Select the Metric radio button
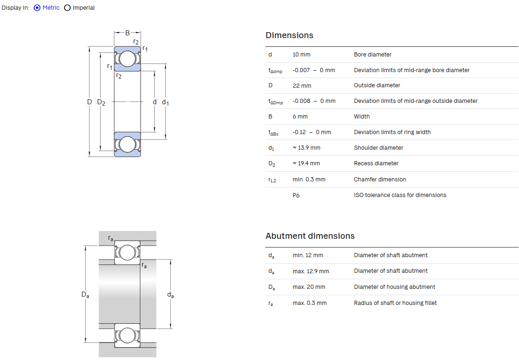[37, 8]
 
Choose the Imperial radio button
[67, 8]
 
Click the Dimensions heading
[289, 35]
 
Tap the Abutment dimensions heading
[310, 236]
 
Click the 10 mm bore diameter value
[301, 55]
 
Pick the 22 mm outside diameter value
[302, 85]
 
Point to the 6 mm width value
[300, 117]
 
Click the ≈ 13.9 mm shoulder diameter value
[307, 148]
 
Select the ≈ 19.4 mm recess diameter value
[307, 163]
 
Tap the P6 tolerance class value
[296, 195]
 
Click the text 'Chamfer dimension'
[380, 180]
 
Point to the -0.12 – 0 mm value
[312, 132]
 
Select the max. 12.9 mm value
[311, 271]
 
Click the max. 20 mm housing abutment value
[309, 287]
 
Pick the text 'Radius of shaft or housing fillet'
[395, 303]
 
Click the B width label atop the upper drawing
[128, 33]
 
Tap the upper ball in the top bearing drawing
[128, 59]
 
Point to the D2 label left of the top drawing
[101, 102]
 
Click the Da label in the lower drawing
[85, 295]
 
